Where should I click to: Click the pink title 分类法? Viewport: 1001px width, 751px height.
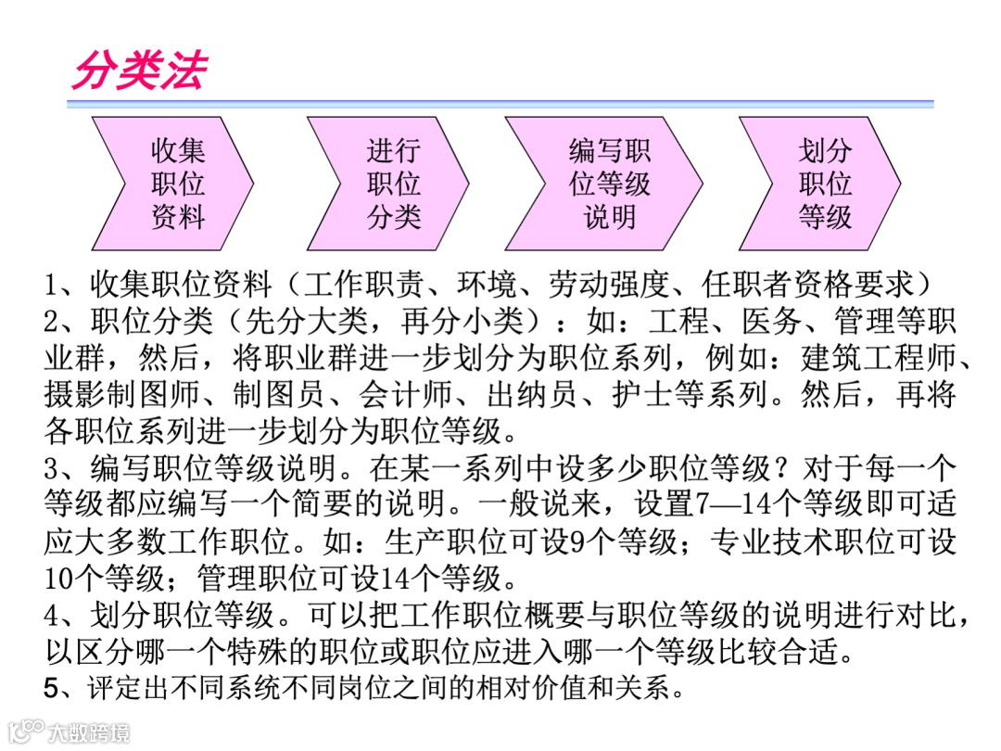pyautogui.click(x=139, y=70)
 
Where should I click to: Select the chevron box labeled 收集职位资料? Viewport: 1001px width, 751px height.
pyautogui.click(x=176, y=184)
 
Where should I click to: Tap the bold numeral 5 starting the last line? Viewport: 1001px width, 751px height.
pyautogui.click(x=52, y=689)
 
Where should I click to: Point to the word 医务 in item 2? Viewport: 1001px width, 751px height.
pyautogui.click(x=769, y=322)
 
